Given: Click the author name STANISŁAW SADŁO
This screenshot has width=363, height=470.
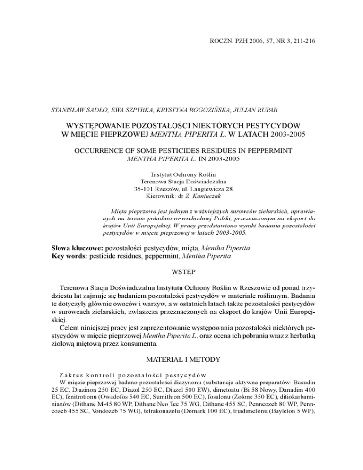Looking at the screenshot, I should (x=76, y=111).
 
